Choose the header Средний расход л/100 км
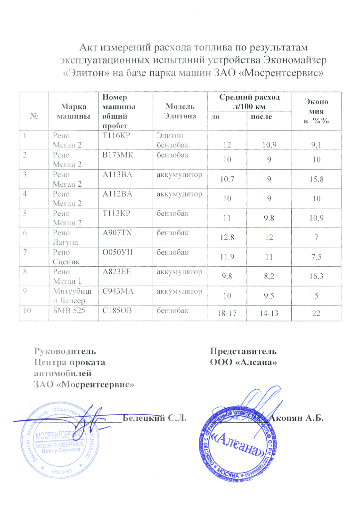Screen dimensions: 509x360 coord(249,101)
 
